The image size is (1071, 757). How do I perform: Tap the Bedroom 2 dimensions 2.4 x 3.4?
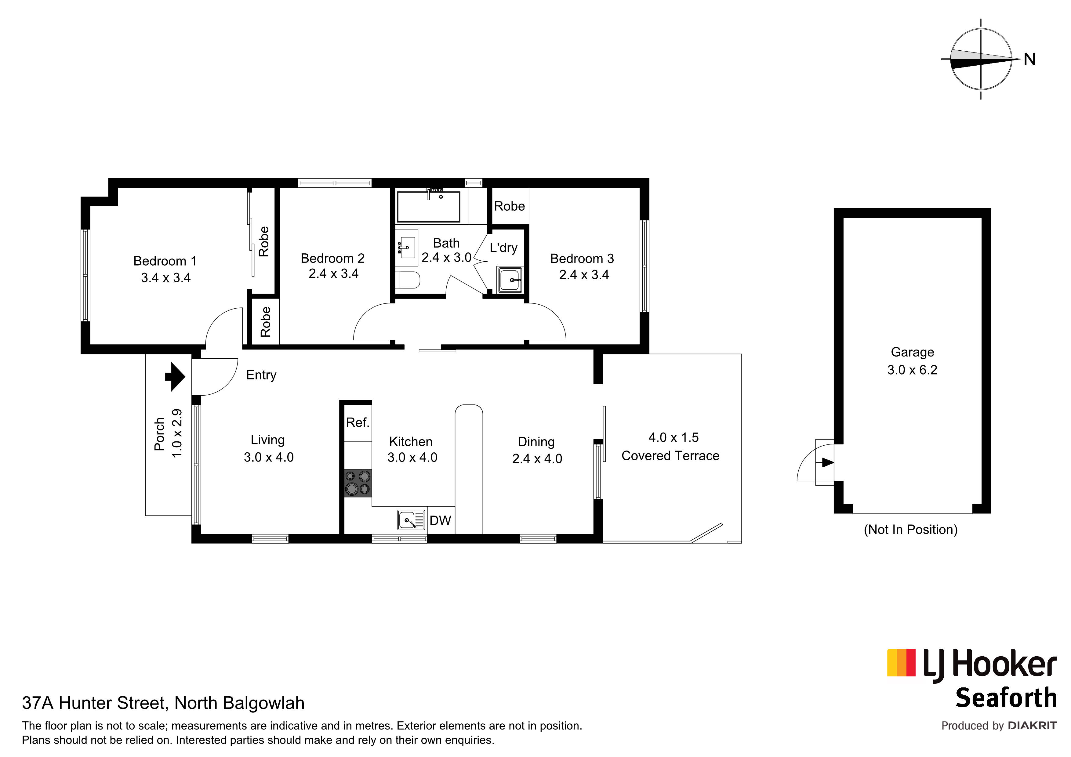(333, 274)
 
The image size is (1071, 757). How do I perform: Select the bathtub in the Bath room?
(428, 207)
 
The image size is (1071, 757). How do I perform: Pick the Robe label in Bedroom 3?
(509, 206)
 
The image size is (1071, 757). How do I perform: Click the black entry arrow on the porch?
(175, 376)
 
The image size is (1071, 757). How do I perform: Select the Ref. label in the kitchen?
(357, 422)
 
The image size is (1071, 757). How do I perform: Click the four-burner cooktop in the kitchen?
(358, 483)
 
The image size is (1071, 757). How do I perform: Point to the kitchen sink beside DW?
(411, 520)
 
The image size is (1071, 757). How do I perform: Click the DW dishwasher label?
(440, 520)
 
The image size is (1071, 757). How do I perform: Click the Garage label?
(912, 352)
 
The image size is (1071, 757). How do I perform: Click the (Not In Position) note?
(910, 530)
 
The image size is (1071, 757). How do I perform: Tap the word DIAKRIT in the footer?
(1032, 726)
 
